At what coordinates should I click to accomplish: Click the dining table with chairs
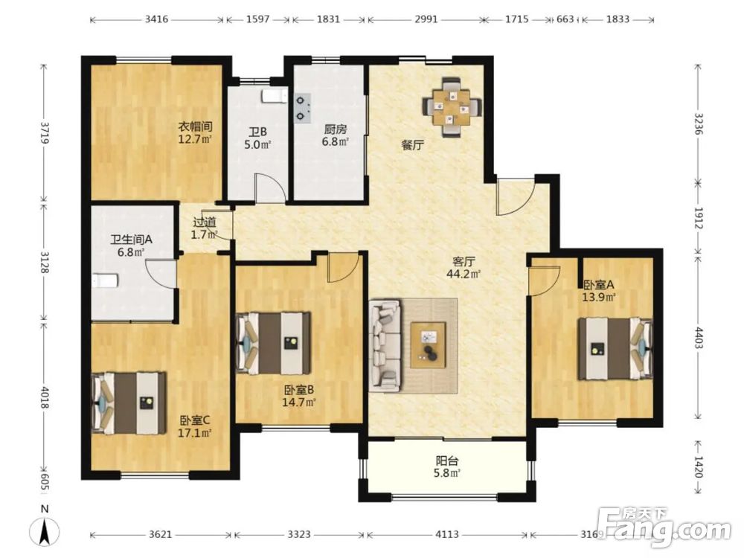(x=452, y=108)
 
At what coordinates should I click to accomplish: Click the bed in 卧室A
(x=615, y=349)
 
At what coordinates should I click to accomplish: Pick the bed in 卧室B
(x=274, y=343)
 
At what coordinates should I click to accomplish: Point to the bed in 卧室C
(x=129, y=403)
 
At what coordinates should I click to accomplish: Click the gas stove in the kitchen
(x=302, y=108)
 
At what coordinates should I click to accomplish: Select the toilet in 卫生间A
(x=104, y=280)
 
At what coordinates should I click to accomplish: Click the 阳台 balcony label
(x=447, y=461)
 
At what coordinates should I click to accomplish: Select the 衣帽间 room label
(x=194, y=127)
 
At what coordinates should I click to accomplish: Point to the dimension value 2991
(x=426, y=19)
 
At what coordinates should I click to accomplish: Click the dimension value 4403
(x=697, y=337)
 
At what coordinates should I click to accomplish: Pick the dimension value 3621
(x=160, y=535)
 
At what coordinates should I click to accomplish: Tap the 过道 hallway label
(x=205, y=222)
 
